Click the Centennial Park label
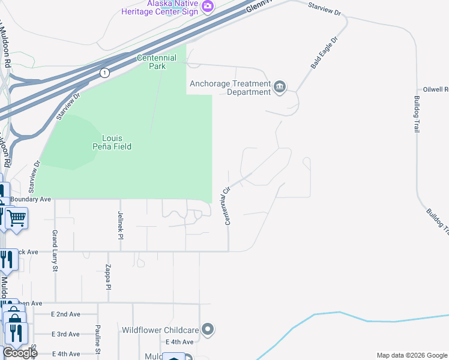point(157,62)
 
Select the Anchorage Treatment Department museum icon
point(280,88)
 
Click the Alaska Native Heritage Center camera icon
point(208,7)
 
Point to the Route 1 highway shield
point(105,73)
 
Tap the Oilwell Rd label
point(436,89)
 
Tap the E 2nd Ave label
point(65,314)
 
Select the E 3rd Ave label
point(65,334)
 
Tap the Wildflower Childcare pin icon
point(208,329)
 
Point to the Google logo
point(20,353)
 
